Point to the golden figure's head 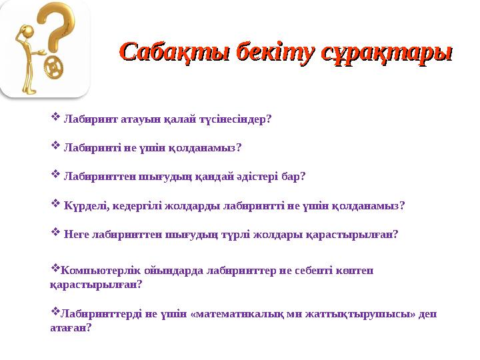tap(27, 31)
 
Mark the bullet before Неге tap(55, 233)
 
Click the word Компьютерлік tap(94, 270)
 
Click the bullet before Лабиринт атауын tap(55, 119)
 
